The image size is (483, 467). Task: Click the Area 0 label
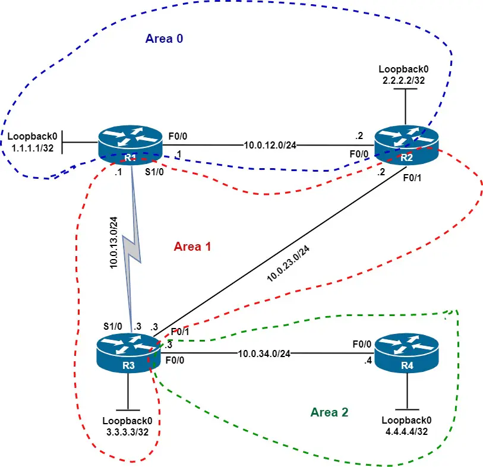[x=164, y=39]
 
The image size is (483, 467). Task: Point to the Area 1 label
[x=192, y=246]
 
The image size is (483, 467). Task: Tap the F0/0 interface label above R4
[x=363, y=343]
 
